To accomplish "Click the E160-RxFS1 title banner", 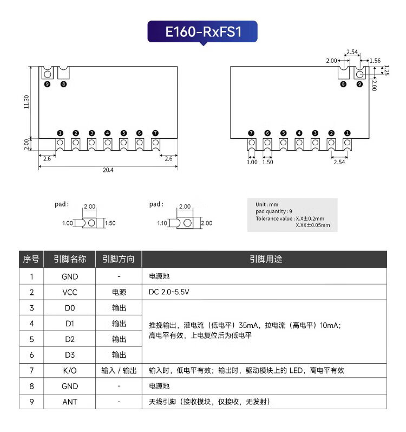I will pos(202,32).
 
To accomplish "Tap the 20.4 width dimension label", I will pos(108,170).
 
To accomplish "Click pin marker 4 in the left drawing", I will pos(108,133).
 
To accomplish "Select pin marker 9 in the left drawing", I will pos(47,84).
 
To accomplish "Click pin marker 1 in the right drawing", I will pos(347,133).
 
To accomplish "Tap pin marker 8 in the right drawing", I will pos(343,84).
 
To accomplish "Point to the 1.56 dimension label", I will pos(375,61).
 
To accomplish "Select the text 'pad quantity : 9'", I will pos(274,211).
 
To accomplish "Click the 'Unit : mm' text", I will pos(267,204).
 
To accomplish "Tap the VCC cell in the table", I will pos(70,292).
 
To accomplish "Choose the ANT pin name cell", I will pos(70,402).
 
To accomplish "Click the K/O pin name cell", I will pos(70,371).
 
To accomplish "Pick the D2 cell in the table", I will pos(70,339).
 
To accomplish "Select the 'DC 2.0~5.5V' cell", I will pos(169,292).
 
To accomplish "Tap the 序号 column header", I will pos(31,260).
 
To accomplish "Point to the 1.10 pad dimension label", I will pos(162,223).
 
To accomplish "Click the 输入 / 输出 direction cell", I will pos(119,371).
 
